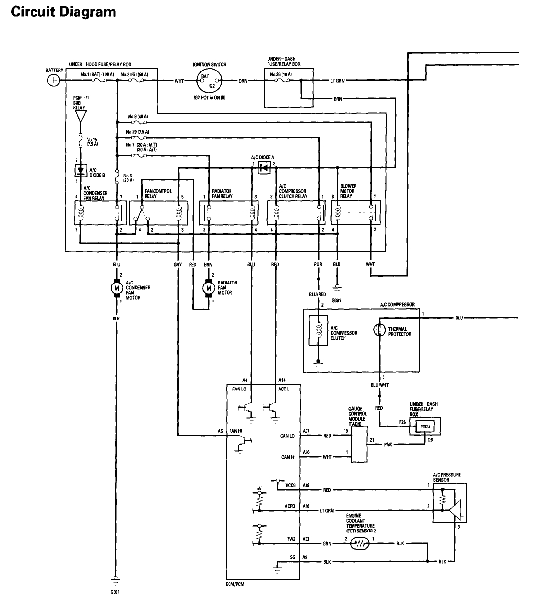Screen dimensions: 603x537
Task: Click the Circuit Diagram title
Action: point(63,11)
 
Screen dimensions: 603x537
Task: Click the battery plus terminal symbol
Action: point(54,81)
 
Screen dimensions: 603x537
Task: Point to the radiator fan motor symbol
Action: point(209,287)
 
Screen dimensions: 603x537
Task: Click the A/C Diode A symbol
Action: point(265,168)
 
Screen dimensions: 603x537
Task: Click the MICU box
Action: point(425,426)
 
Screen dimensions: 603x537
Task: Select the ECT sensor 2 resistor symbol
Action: point(361,544)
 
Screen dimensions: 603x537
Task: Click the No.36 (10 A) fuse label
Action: point(281,75)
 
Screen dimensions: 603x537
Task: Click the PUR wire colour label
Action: point(318,265)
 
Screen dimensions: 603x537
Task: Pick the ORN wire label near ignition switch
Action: point(243,81)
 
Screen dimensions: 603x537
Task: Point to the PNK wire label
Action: point(388,445)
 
